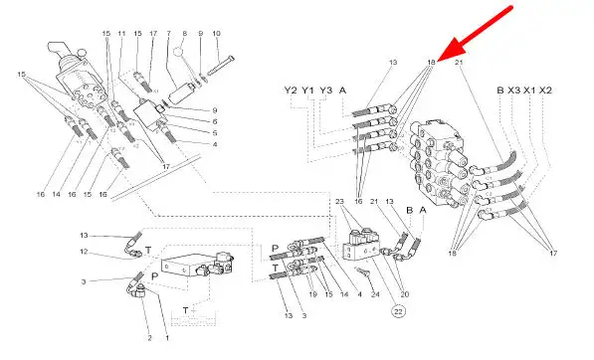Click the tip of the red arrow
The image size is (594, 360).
(x=439, y=61)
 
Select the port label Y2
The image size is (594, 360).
(x=291, y=90)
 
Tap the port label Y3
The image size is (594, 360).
(x=325, y=90)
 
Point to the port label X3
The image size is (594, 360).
(x=514, y=90)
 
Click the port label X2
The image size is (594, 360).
(x=545, y=90)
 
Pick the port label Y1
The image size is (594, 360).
(x=308, y=90)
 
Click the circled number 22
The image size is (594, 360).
(x=398, y=311)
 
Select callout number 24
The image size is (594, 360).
(x=375, y=294)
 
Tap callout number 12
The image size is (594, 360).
(x=84, y=252)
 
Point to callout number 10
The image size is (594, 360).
(x=216, y=33)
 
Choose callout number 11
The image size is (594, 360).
(x=121, y=33)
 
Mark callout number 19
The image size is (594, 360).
(x=312, y=294)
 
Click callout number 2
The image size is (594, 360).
(x=149, y=338)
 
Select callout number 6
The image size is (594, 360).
(x=215, y=121)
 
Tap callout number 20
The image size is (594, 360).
(x=405, y=294)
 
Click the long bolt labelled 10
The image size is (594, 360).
(x=221, y=65)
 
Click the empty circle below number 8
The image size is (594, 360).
(x=179, y=52)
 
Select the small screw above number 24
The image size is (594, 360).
(x=361, y=271)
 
